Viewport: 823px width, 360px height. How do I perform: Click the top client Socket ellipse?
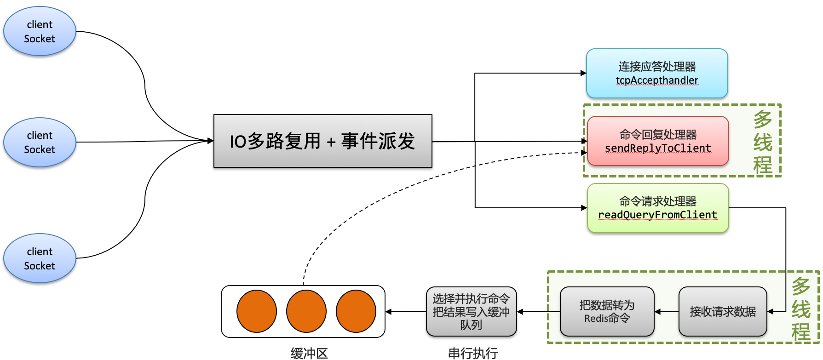pyautogui.click(x=40, y=31)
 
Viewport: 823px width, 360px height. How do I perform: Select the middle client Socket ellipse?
pyautogui.click(x=40, y=142)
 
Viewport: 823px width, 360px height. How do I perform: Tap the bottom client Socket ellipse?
pyautogui.click(x=40, y=258)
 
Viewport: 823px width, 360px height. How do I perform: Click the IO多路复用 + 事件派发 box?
pyautogui.click(x=322, y=141)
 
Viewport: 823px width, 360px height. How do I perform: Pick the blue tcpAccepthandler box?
pyautogui.click(x=656, y=74)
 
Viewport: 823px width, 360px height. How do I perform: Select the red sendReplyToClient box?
pyautogui.click(x=657, y=141)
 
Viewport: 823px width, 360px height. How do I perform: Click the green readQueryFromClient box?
pyautogui.click(x=657, y=208)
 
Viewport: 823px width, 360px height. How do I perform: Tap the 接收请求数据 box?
pyautogui.click(x=722, y=312)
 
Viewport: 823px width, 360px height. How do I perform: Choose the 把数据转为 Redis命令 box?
pyautogui.click(x=607, y=312)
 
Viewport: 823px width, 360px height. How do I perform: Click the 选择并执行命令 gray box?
pyautogui.click(x=471, y=312)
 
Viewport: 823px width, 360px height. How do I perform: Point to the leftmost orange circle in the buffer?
pyautogui.click(x=257, y=311)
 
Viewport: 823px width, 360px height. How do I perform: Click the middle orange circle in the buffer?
pyautogui.click(x=306, y=311)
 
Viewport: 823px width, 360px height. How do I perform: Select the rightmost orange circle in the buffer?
pyautogui.click(x=356, y=311)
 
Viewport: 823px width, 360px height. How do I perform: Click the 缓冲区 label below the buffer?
pyautogui.click(x=309, y=353)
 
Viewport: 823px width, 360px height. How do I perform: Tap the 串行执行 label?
pyautogui.click(x=472, y=353)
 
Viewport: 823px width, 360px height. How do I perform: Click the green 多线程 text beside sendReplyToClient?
pyautogui.click(x=762, y=142)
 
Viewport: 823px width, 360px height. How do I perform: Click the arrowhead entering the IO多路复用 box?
pyautogui.click(x=211, y=141)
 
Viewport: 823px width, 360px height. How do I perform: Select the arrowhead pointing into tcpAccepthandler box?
pyautogui.click(x=583, y=73)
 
